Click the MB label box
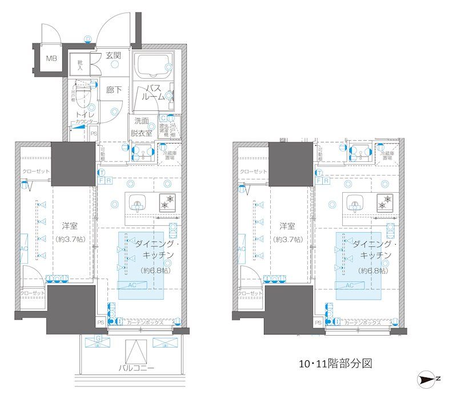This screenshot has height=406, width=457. (x=51, y=58)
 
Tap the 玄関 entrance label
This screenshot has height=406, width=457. (x=113, y=55)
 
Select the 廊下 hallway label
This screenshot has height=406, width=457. (x=114, y=90)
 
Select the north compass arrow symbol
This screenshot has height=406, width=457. (x=427, y=379)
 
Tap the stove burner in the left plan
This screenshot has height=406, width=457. (x=168, y=202)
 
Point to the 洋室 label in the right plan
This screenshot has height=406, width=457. (x=284, y=225)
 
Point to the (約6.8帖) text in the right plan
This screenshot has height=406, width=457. (x=372, y=270)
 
